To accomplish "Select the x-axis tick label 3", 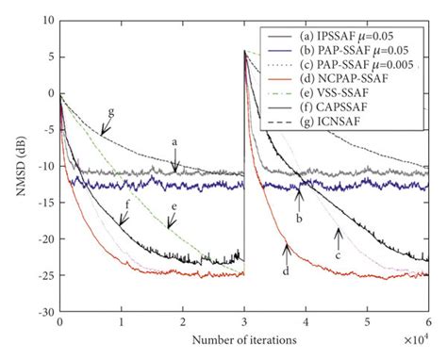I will click(244, 323).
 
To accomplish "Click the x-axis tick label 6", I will click(429, 323).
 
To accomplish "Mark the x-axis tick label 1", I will click(122, 323).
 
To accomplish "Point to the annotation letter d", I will click(285, 270).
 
